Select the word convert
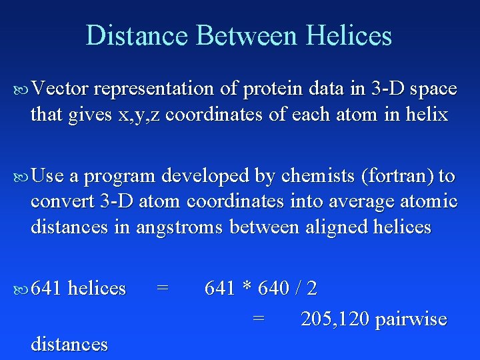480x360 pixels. [62, 201]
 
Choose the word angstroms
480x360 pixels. [180, 227]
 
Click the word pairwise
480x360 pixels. [411, 320]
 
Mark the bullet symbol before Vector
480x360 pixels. [21, 89]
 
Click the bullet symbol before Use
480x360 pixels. [21, 177]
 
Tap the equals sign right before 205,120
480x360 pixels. [259, 319]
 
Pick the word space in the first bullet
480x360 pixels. [434, 89]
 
